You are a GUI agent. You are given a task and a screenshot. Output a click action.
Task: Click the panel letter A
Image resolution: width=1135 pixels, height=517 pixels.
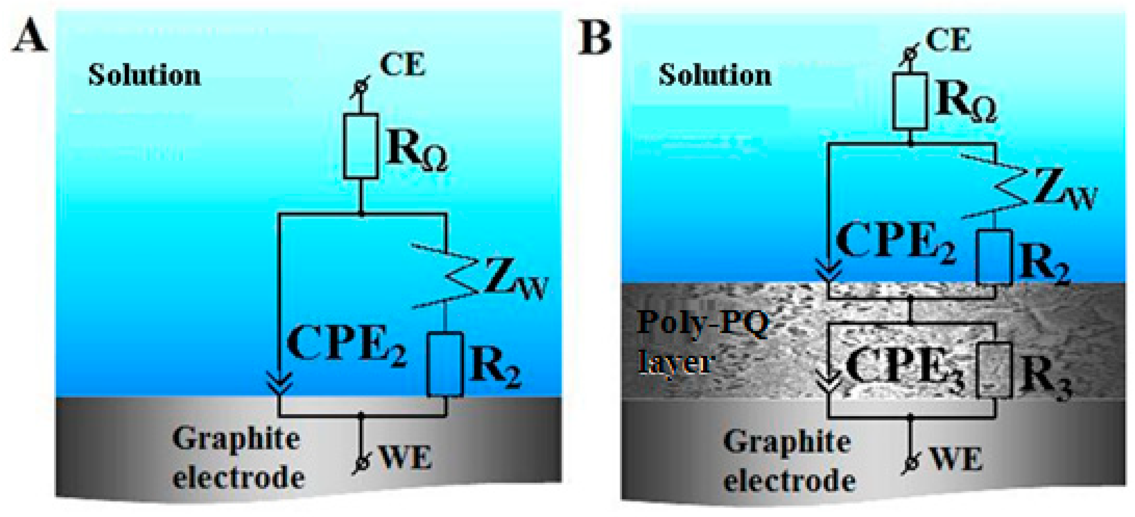(x=30, y=35)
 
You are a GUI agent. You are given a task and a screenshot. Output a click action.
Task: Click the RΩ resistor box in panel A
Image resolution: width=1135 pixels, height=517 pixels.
(x=360, y=146)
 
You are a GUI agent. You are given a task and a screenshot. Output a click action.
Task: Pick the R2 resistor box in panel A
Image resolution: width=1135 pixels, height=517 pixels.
(x=445, y=364)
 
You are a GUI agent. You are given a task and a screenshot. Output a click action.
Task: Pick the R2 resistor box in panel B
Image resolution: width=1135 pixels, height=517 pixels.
(x=994, y=258)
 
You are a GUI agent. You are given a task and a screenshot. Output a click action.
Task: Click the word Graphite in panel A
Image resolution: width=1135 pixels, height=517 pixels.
(x=236, y=440)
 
